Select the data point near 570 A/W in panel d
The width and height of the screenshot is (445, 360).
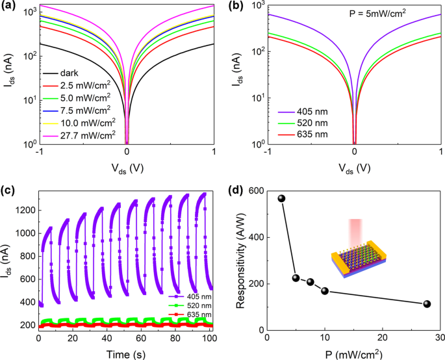click(x=282, y=198)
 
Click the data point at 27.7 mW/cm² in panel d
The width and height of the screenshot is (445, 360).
click(x=427, y=304)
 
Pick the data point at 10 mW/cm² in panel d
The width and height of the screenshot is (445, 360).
click(x=325, y=291)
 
